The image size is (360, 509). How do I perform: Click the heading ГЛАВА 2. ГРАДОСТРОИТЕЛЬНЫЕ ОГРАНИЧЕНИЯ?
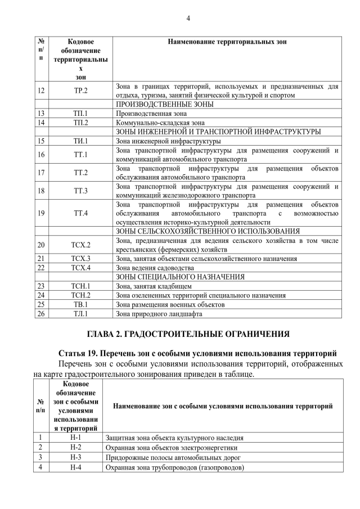[x=188, y=334]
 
